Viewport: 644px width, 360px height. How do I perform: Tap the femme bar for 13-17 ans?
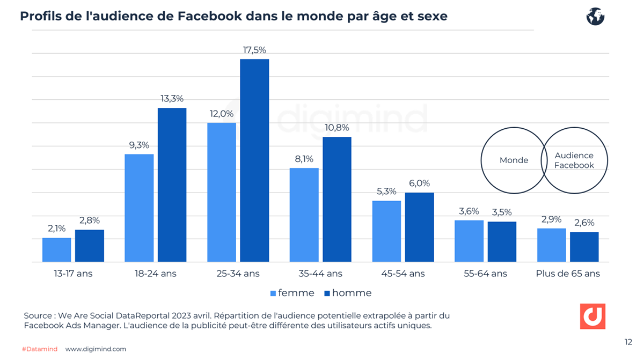click(57, 249)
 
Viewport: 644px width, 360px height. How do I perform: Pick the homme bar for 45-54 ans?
click(419, 227)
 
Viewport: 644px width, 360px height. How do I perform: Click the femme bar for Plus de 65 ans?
click(551, 245)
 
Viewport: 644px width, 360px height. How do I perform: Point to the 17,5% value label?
click(254, 50)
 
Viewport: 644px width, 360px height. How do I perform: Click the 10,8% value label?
click(337, 128)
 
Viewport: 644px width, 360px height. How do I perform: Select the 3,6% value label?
click(469, 211)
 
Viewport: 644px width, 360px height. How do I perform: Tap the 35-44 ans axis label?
click(320, 274)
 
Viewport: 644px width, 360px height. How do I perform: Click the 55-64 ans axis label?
click(485, 274)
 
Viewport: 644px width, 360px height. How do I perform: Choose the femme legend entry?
click(292, 293)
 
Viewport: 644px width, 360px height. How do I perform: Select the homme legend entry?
click(348, 293)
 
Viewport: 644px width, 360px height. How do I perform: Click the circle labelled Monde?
click(513, 160)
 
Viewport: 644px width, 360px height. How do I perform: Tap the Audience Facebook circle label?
click(574, 160)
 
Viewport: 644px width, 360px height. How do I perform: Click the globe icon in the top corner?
click(595, 17)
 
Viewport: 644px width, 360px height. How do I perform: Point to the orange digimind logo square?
click(592, 316)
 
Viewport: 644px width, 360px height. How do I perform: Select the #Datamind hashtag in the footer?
click(40, 349)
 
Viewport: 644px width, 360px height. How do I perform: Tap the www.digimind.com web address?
click(96, 349)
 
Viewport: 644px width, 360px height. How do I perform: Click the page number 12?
click(628, 342)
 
